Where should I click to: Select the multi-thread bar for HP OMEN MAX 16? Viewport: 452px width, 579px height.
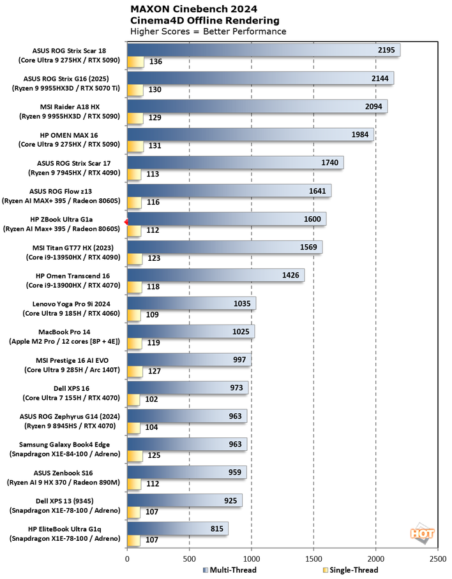coord(250,135)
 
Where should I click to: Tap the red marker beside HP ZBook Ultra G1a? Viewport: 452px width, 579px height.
coord(126,221)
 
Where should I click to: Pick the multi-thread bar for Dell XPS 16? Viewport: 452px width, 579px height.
coord(187,388)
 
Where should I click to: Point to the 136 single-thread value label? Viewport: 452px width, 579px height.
coord(155,62)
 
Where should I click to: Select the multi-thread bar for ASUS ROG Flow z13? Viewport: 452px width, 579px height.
coord(229,191)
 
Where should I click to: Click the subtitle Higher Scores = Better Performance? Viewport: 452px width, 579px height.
coord(208,31)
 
